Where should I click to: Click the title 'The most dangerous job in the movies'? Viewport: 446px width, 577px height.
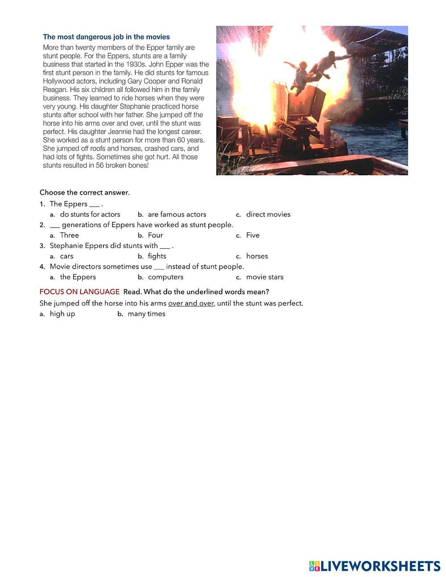(x=106, y=37)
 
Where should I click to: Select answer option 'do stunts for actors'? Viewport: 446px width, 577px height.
(x=90, y=214)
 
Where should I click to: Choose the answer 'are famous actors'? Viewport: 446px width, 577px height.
(x=177, y=214)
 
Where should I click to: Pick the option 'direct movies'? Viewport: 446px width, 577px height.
(x=268, y=214)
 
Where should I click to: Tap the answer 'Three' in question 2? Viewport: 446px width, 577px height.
(x=69, y=235)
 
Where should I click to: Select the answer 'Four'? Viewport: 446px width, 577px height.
(x=155, y=235)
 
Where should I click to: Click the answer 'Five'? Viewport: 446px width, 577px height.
(x=252, y=235)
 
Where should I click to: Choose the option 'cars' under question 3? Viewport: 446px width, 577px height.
(x=66, y=256)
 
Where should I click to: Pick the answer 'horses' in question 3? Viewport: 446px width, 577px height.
(x=257, y=256)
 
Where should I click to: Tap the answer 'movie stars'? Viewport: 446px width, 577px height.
(x=264, y=277)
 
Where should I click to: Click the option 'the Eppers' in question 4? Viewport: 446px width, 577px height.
(x=78, y=277)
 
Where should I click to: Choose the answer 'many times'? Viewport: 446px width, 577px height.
(x=146, y=314)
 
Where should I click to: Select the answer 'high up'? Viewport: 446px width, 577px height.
(x=62, y=314)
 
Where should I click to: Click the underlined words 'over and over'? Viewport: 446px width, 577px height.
(x=191, y=304)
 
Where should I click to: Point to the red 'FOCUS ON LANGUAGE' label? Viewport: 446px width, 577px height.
(x=79, y=292)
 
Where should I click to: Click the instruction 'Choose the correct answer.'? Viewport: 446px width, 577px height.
(x=84, y=193)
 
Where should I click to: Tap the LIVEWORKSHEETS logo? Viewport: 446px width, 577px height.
(x=375, y=566)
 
